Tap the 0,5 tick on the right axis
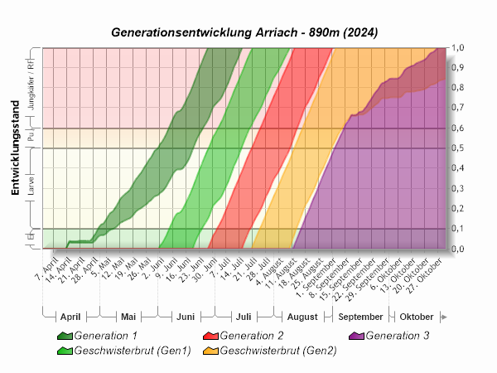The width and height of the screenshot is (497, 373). coord(457,148)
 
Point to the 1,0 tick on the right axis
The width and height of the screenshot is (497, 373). coord(457,48)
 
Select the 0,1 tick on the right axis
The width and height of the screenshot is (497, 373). coord(457,229)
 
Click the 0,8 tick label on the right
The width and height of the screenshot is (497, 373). coord(457,88)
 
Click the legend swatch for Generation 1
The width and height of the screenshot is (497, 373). coord(65,336)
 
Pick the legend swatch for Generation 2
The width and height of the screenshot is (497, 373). coord(210,336)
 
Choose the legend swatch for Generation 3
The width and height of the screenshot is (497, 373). coord(356,336)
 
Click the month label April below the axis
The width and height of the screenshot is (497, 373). coord(70,317)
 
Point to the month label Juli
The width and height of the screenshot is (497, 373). coord(244,317)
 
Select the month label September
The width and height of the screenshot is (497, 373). coord(360,317)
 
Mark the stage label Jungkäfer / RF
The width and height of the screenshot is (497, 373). coord(31,85)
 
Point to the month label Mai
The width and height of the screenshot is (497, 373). coord(128,317)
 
